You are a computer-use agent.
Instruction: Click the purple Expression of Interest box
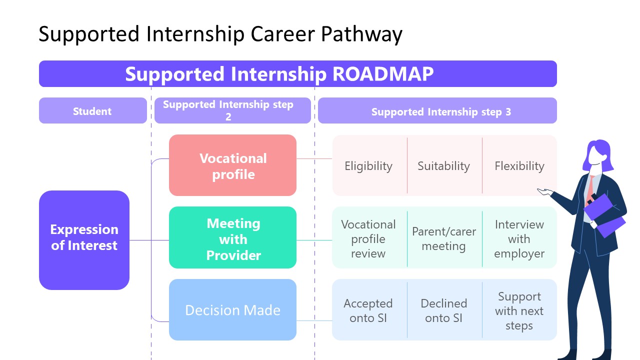tap(84, 240)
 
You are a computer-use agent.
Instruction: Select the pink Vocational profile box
tap(232, 165)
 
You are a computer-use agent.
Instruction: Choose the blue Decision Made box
tap(232, 310)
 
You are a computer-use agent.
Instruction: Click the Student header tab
tap(92, 111)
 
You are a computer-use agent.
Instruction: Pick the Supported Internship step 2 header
tap(232, 110)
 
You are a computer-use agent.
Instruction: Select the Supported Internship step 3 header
tap(437, 111)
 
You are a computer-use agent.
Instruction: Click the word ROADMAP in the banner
tap(383, 74)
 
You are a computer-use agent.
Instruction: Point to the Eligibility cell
tap(369, 165)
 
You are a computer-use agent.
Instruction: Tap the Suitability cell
tap(444, 165)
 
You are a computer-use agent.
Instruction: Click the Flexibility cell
tap(519, 165)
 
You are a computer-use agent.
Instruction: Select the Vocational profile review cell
tap(369, 238)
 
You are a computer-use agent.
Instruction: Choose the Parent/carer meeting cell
tap(444, 238)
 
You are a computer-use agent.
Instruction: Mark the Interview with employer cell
tap(519, 238)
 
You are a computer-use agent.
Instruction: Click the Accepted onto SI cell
tap(369, 310)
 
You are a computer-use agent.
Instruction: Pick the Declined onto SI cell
tap(444, 310)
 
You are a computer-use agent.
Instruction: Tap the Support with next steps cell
tap(519, 310)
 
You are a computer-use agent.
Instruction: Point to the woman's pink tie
tap(591, 188)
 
